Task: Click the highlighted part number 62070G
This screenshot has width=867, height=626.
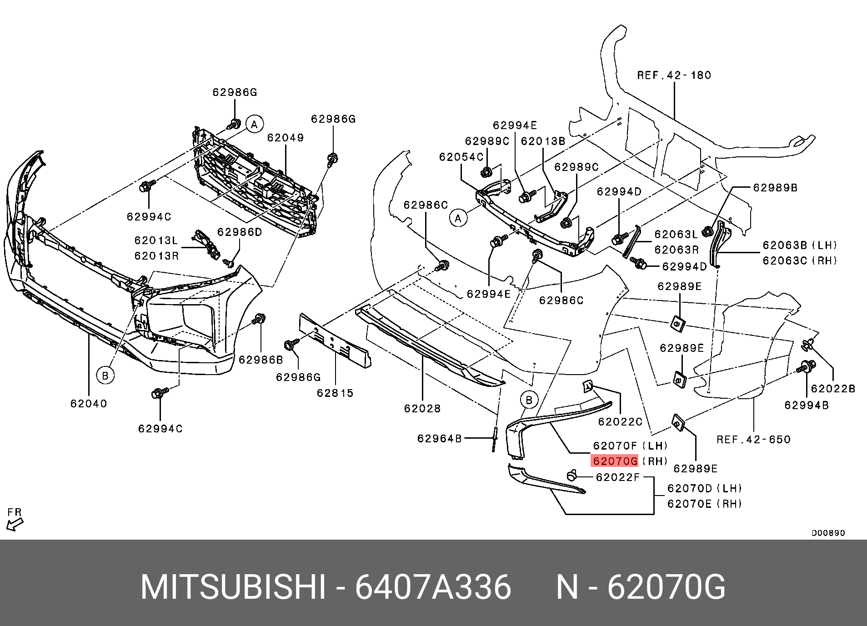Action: tap(615, 461)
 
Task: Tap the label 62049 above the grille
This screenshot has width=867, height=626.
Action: tap(285, 138)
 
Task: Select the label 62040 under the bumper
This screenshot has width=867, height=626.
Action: tap(89, 404)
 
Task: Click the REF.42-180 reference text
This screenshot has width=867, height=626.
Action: tap(674, 75)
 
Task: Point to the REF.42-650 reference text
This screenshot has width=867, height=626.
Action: tap(753, 440)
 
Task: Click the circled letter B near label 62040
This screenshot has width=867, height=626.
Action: tap(105, 376)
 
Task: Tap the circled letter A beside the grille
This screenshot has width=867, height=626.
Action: tap(255, 124)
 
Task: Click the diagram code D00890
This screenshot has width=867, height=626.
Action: tap(828, 533)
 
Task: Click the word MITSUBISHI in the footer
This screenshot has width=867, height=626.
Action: tap(233, 587)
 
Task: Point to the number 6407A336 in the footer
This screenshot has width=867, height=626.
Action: tap(433, 587)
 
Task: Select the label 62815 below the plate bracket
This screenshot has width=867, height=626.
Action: tap(335, 393)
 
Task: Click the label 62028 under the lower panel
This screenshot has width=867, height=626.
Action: tap(422, 409)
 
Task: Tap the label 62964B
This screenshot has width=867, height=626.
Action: tap(439, 438)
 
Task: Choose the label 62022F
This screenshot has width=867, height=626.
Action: tap(617, 477)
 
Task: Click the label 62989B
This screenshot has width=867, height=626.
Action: tap(775, 188)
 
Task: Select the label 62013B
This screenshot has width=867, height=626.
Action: tap(543, 141)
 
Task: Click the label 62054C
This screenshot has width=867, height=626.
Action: tap(461, 157)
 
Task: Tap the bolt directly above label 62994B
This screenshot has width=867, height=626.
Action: tap(807, 366)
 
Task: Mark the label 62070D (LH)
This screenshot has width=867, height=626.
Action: tap(704, 488)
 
